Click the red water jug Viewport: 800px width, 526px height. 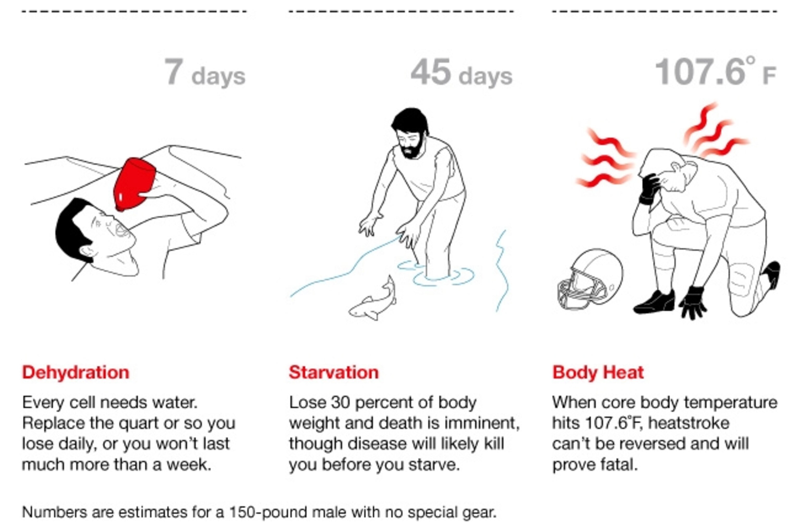[x=135, y=184]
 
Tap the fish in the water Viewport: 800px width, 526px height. [x=373, y=299]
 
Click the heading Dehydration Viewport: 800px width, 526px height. [x=76, y=373]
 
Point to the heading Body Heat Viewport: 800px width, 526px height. [x=598, y=373]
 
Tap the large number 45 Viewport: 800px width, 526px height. [x=430, y=71]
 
